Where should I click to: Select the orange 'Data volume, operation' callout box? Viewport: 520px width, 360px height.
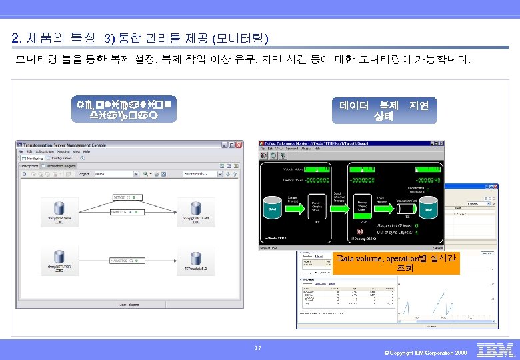[x=396, y=263]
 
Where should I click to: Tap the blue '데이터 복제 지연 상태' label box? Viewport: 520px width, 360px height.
[x=383, y=111]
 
